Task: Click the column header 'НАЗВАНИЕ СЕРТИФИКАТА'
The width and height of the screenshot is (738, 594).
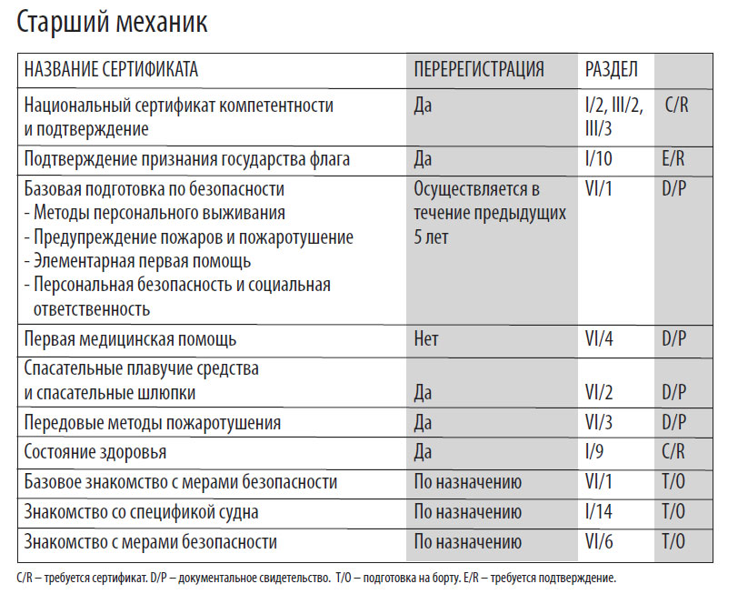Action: click(x=111, y=69)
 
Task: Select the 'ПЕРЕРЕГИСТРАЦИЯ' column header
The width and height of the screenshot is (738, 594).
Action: click(x=479, y=69)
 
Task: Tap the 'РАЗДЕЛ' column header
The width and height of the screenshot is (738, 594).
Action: click(x=612, y=69)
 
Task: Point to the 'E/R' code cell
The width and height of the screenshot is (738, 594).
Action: click(x=674, y=160)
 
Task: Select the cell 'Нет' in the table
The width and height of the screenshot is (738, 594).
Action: click(x=426, y=339)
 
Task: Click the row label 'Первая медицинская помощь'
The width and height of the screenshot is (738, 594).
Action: click(x=130, y=339)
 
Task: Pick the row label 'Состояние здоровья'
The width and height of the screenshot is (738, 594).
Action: click(x=95, y=452)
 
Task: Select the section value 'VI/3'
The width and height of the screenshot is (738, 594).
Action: click(x=602, y=422)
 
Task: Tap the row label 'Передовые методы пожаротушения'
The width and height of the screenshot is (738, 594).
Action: click(x=153, y=422)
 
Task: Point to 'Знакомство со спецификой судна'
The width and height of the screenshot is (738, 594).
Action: click(x=141, y=512)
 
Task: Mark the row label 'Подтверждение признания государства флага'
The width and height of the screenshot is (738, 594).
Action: click(x=187, y=160)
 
